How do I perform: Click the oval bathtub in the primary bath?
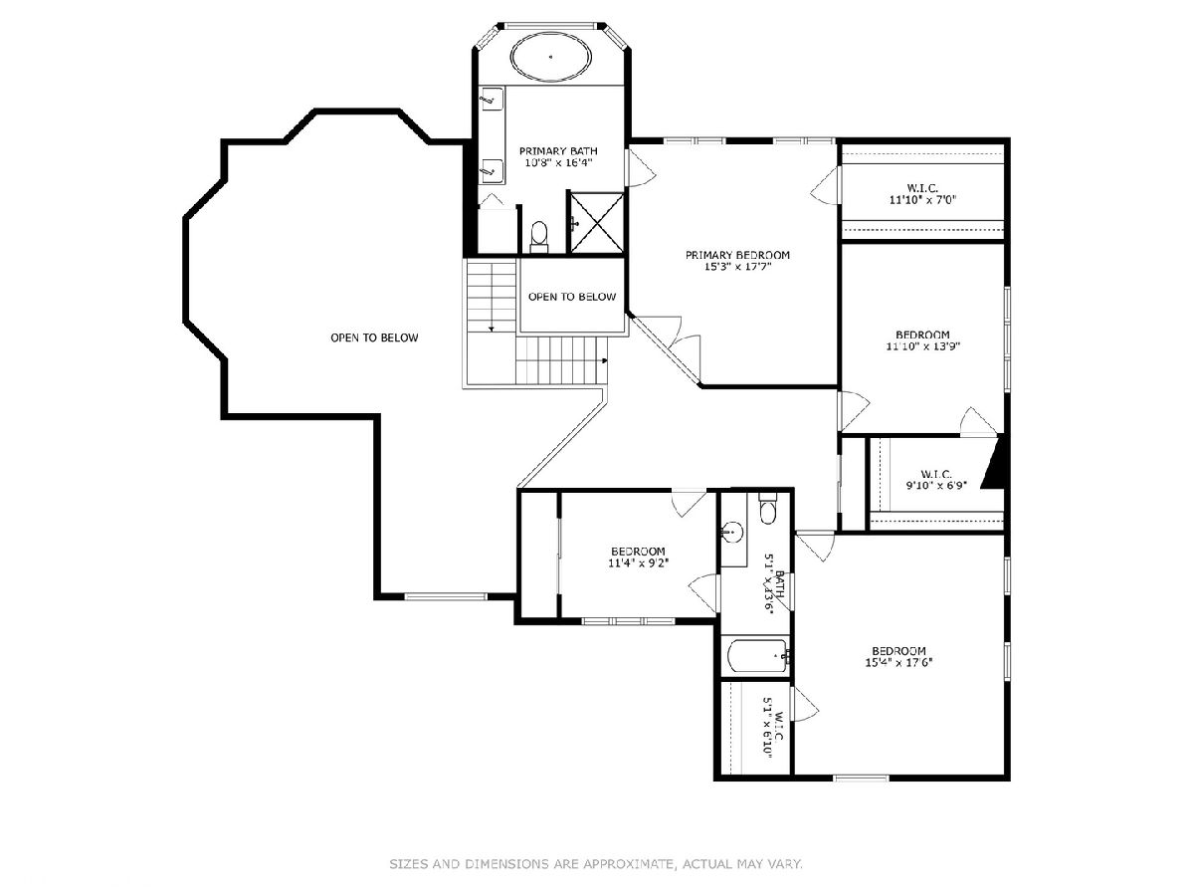(x=550, y=58)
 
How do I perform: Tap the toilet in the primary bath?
(x=539, y=237)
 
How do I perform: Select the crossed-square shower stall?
(x=596, y=222)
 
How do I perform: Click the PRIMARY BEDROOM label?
(x=737, y=255)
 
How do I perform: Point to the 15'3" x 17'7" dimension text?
(x=737, y=267)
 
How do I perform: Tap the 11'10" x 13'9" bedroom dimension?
(x=922, y=346)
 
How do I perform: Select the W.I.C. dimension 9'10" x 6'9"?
(x=935, y=485)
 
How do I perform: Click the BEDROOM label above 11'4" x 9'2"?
(x=638, y=552)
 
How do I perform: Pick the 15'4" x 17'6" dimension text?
(x=898, y=663)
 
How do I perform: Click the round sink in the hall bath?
(x=731, y=532)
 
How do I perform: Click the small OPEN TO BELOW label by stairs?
(x=572, y=297)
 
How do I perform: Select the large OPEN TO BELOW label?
(x=374, y=337)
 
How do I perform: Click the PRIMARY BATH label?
(x=558, y=150)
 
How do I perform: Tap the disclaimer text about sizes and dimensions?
(x=596, y=863)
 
